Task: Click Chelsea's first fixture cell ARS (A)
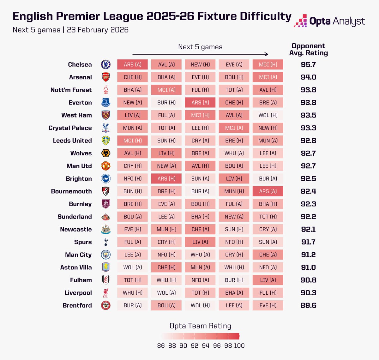coord(132,64)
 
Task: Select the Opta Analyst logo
coord(329,21)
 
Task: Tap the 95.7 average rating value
coord(308,64)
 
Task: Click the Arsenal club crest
coord(105,77)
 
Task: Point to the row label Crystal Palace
coord(70,128)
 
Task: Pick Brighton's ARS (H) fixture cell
coord(166,178)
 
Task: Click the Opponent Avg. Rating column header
coord(309,50)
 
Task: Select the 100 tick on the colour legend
coord(239,345)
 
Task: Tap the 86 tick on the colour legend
coord(161,345)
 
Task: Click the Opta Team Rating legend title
coord(200,326)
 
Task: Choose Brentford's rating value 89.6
coord(308,305)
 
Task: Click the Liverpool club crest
coord(105,293)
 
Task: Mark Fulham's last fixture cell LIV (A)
coord(268,280)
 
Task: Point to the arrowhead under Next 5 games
coord(267,54)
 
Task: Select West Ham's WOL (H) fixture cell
coord(268,115)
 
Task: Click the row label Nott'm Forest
coord(71,90)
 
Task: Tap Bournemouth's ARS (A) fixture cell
coord(268,191)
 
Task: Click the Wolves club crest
coord(105,153)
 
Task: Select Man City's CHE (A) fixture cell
coord(268,255)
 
